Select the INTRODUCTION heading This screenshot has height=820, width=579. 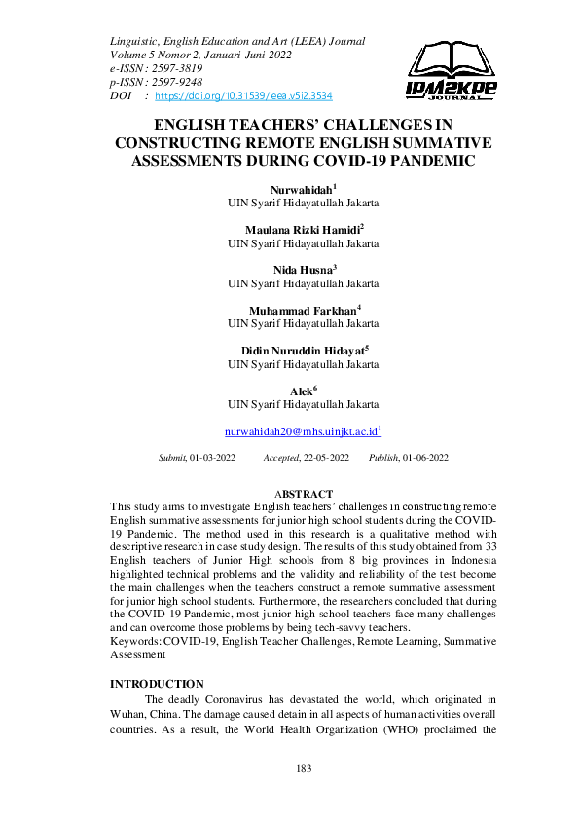[x=157, y=684]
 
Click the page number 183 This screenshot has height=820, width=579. [x=303, y=769]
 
